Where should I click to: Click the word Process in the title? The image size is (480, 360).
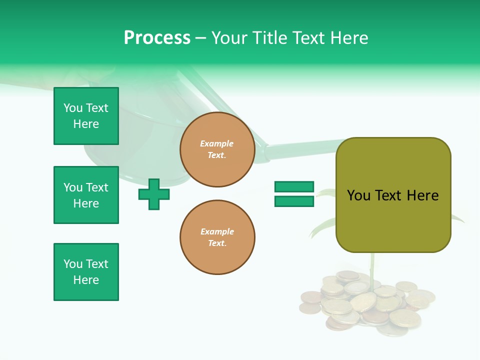157,38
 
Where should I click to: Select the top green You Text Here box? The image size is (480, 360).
86,116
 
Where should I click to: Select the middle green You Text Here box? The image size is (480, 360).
86,195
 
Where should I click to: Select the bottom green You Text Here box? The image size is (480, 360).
86,271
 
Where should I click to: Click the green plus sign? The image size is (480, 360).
154,194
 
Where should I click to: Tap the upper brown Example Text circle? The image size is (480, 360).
217,149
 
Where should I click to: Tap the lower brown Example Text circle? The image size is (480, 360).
217,237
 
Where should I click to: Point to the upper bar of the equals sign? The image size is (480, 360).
294,187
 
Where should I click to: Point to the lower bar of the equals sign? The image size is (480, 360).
294,201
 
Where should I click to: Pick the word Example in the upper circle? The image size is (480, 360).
216,143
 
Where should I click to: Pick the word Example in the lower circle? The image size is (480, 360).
217,231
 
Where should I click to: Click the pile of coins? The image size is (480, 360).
365,302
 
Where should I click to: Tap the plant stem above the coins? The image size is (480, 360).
372,265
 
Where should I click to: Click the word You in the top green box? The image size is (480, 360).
73,108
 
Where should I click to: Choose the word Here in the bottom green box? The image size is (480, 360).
86,280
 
